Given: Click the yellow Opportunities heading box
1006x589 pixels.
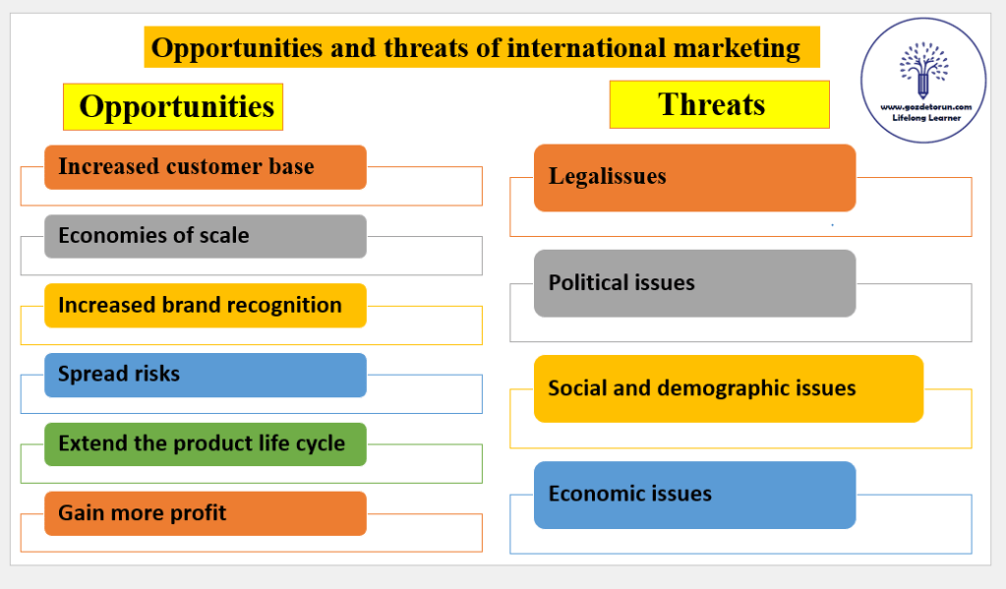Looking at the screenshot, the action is pos(173,106).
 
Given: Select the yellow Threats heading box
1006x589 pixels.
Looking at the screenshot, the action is pos(719,104).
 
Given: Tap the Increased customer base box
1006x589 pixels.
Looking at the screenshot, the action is pos(206,167).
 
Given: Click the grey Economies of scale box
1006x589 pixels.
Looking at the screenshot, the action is pos(206,236).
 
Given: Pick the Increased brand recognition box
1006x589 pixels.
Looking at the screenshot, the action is pos(206,306).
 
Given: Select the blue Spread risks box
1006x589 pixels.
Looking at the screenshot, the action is pos(206,375).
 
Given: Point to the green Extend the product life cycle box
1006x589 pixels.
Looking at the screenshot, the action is pos(206,444).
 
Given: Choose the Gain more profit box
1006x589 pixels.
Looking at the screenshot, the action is pos(206,513).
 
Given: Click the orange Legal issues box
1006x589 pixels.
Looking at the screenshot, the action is pos(695,178).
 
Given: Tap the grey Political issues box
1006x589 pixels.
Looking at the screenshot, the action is pos(695,283).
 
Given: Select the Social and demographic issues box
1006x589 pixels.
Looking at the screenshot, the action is pos(729,388).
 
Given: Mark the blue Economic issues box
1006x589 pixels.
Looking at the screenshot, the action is pos(695,495).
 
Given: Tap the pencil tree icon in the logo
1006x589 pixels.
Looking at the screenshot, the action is pos(923,69).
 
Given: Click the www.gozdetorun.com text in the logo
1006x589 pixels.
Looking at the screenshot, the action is pos(925,107).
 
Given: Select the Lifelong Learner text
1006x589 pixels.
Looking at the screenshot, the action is pos(926,118).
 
